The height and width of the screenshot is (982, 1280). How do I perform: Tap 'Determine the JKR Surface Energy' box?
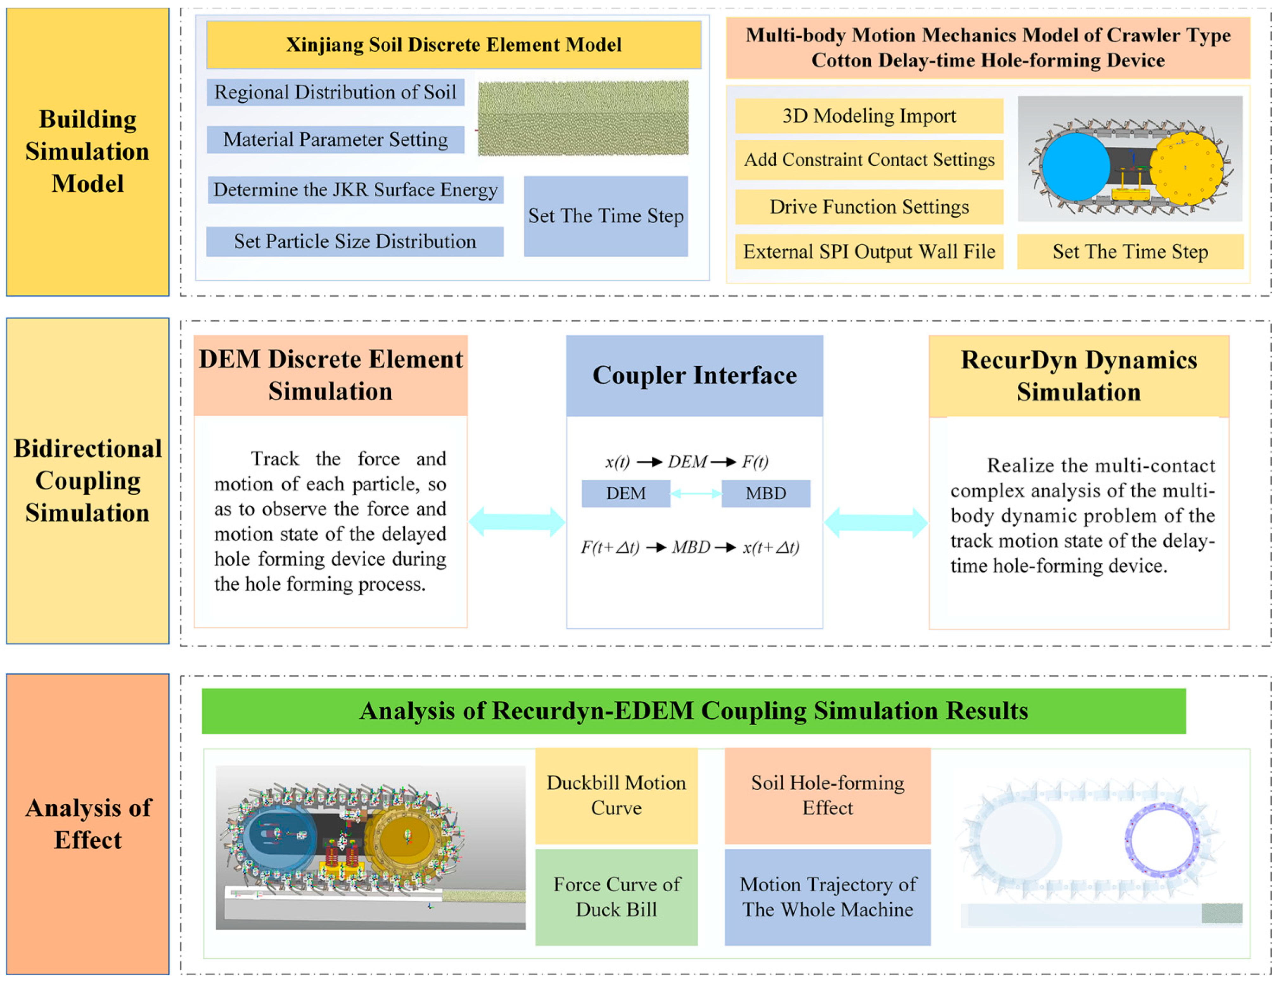[355, 190]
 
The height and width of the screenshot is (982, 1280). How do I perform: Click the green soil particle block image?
[583, 118]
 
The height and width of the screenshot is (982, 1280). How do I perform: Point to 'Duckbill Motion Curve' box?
[616, 796]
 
